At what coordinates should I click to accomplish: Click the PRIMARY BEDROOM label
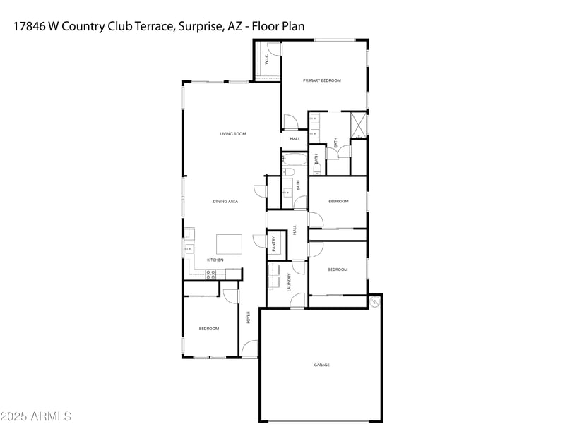coord(322,80)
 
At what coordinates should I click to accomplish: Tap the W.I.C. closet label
coord(267,61)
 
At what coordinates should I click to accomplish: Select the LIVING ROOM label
coord(232,133)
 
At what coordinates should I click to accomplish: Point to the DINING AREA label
coord(225,202)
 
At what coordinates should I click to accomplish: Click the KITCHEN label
coord(215,260)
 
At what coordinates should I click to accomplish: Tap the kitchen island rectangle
coord(229,244)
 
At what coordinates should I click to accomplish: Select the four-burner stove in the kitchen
coord(210,274)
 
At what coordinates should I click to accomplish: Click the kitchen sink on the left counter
coord(189,248)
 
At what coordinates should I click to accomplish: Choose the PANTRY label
coord(274,243)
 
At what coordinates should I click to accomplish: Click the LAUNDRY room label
coord(289,283)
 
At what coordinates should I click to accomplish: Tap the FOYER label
coord(248,317)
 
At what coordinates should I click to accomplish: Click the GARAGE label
coord(321,365)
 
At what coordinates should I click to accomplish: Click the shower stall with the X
coord(359,124)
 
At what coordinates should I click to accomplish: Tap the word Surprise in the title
coord(203,26)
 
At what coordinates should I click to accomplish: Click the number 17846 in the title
coord(30,26)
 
